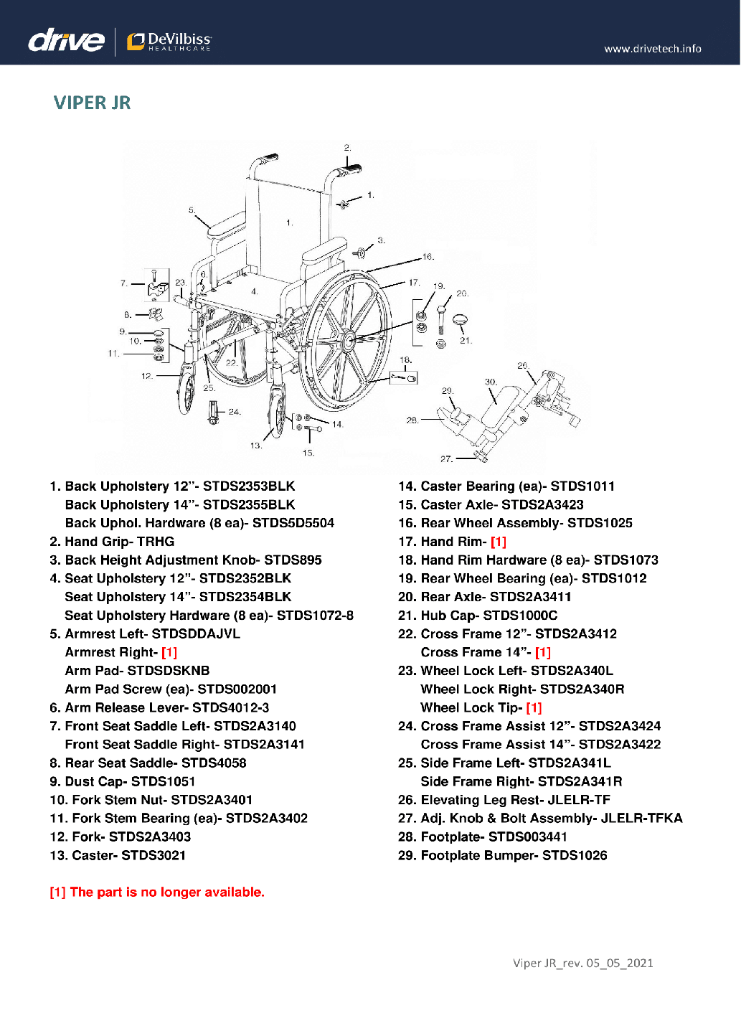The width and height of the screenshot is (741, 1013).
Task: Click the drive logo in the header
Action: click(x=66, y=40)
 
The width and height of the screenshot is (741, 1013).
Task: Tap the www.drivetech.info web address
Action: click(x=652, y=49)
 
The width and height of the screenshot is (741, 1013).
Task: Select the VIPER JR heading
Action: click(x=92, y=103)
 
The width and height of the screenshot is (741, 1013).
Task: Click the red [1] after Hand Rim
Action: click(x=499, y=542)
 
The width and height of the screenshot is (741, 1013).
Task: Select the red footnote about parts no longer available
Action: click(x=156, y=892)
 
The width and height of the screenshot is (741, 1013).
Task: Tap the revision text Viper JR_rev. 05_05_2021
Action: click(x=582, y=963)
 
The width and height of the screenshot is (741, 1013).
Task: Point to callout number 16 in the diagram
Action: click(x=428, y=256)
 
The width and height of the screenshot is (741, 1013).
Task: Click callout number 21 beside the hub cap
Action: click(x=466, y=341)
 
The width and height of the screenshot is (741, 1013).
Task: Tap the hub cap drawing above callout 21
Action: click(x=461, y=319)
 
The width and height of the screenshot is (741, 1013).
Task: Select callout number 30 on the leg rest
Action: click(x=491, y=382)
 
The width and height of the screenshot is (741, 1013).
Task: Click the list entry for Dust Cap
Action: click(x=123, y=781)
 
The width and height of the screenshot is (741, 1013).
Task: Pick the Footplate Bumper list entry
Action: click(x=503, y=855)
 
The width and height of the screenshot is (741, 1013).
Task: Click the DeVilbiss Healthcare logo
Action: click(x=169, y=42)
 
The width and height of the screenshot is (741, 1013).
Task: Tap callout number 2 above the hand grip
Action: click(x=347, y=148)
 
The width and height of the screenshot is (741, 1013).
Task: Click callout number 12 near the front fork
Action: click(x=146, y=376)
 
